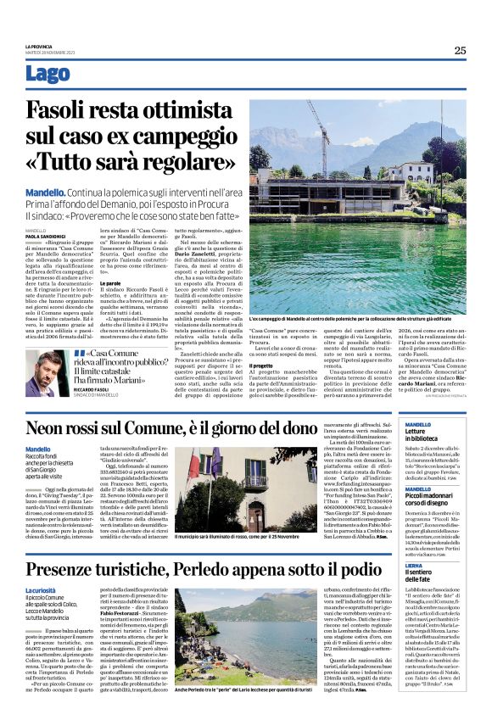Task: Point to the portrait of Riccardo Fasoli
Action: pyautogui.click(x=53, y=367)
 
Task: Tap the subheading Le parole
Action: pyautogui.click(x=111, y=282)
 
